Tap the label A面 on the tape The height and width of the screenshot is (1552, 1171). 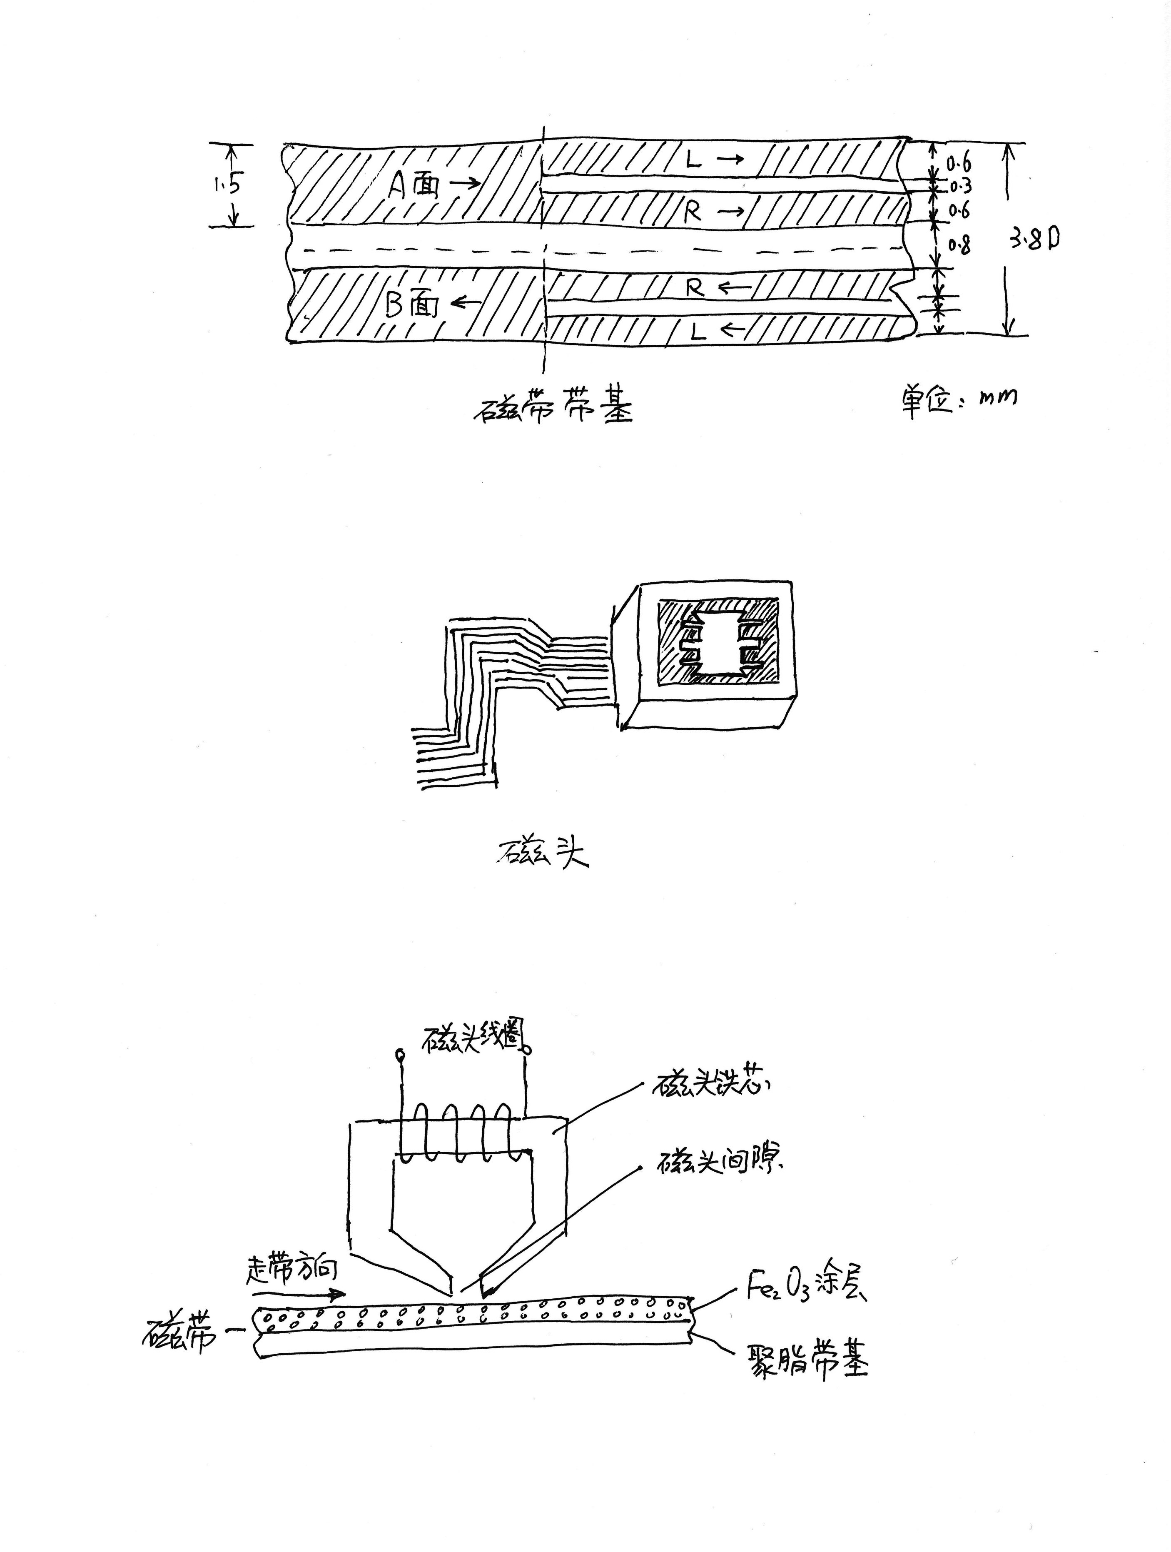coord(415,186)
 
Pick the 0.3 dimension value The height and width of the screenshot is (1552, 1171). coord(960,187)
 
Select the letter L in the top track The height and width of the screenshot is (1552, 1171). coord(693,161)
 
